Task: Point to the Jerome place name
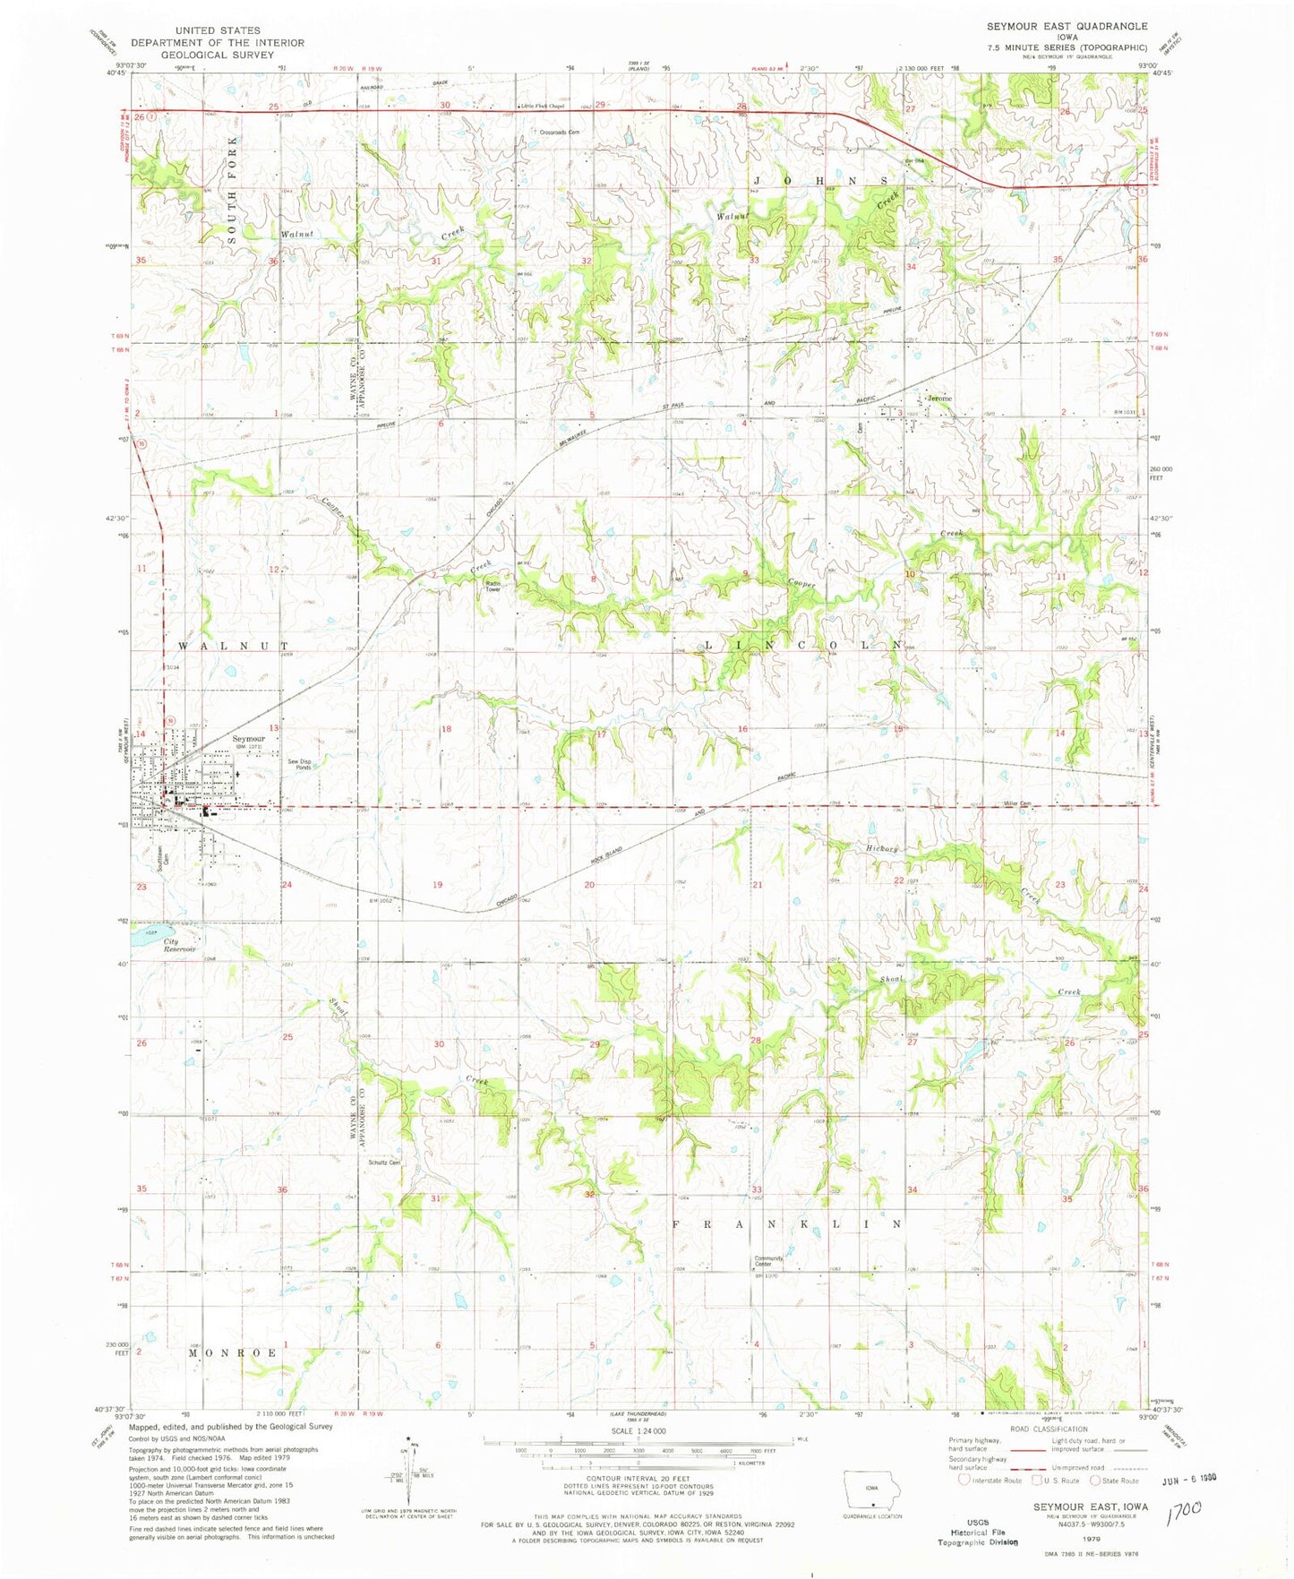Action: point(938,398)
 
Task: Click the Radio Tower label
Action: point(493,586)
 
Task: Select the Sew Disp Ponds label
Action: point(300,764)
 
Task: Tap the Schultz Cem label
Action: point(384,1163)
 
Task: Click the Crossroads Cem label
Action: point(560,132)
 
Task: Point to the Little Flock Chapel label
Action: point(544,107)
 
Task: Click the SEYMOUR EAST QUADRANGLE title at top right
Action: point(1067,26)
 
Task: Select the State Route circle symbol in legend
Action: point(1095,1480)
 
